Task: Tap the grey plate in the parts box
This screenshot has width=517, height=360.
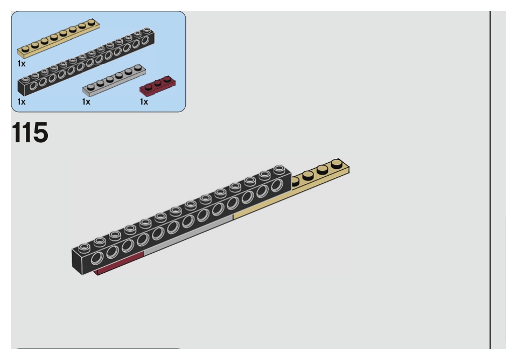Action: tap(114, 80)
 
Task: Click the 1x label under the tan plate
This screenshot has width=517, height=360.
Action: tap(21, 63)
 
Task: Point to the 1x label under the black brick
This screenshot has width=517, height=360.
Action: tap(21, 101)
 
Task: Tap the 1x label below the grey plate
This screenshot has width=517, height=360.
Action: tap(86, 101)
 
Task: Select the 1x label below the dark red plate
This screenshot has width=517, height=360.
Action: tap(144, 101)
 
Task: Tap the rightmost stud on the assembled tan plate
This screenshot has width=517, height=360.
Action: tap(337, 162)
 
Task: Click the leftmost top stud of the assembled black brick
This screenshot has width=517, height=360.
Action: tap(82, 248)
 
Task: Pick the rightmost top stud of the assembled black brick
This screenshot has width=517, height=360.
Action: tap(279, 169)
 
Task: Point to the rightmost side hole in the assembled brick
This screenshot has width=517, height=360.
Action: tap(277, 185)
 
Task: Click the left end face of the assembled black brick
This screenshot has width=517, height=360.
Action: tap(81, 263)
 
